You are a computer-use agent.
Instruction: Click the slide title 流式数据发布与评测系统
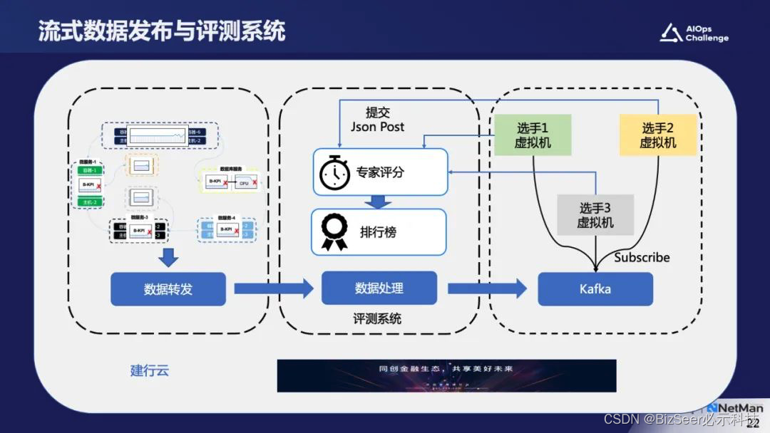tap(161, 31)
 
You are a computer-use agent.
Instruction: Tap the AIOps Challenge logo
tap(694, 33)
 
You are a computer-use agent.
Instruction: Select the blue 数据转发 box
tap(168, 289)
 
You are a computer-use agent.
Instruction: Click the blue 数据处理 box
tap(379, 288)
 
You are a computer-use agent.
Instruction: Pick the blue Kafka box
tap(595, 289)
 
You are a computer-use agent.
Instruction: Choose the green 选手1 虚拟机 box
tap(533, 135)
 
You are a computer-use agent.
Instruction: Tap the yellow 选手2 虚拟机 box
tap(657, 135)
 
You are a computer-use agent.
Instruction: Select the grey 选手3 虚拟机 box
tap(596, 215)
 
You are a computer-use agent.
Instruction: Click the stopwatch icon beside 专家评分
tap(334, 172)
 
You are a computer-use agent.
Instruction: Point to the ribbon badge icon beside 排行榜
tap(334, 232)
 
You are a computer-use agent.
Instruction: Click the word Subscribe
tap(642, 257)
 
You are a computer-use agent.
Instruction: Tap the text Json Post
tap(377, 127)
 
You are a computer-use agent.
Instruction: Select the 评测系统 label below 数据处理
tap(377, 319)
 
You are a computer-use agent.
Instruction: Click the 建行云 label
tap(150, 370)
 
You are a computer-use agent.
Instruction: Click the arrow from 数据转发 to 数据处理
tap(274, 288)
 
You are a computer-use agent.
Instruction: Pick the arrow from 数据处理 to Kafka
tap(487, 288)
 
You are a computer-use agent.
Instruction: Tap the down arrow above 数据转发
tap(168, 257)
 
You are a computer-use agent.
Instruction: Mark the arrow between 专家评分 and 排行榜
tap(379, 202)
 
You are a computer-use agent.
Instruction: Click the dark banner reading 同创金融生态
tap(446, 375)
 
